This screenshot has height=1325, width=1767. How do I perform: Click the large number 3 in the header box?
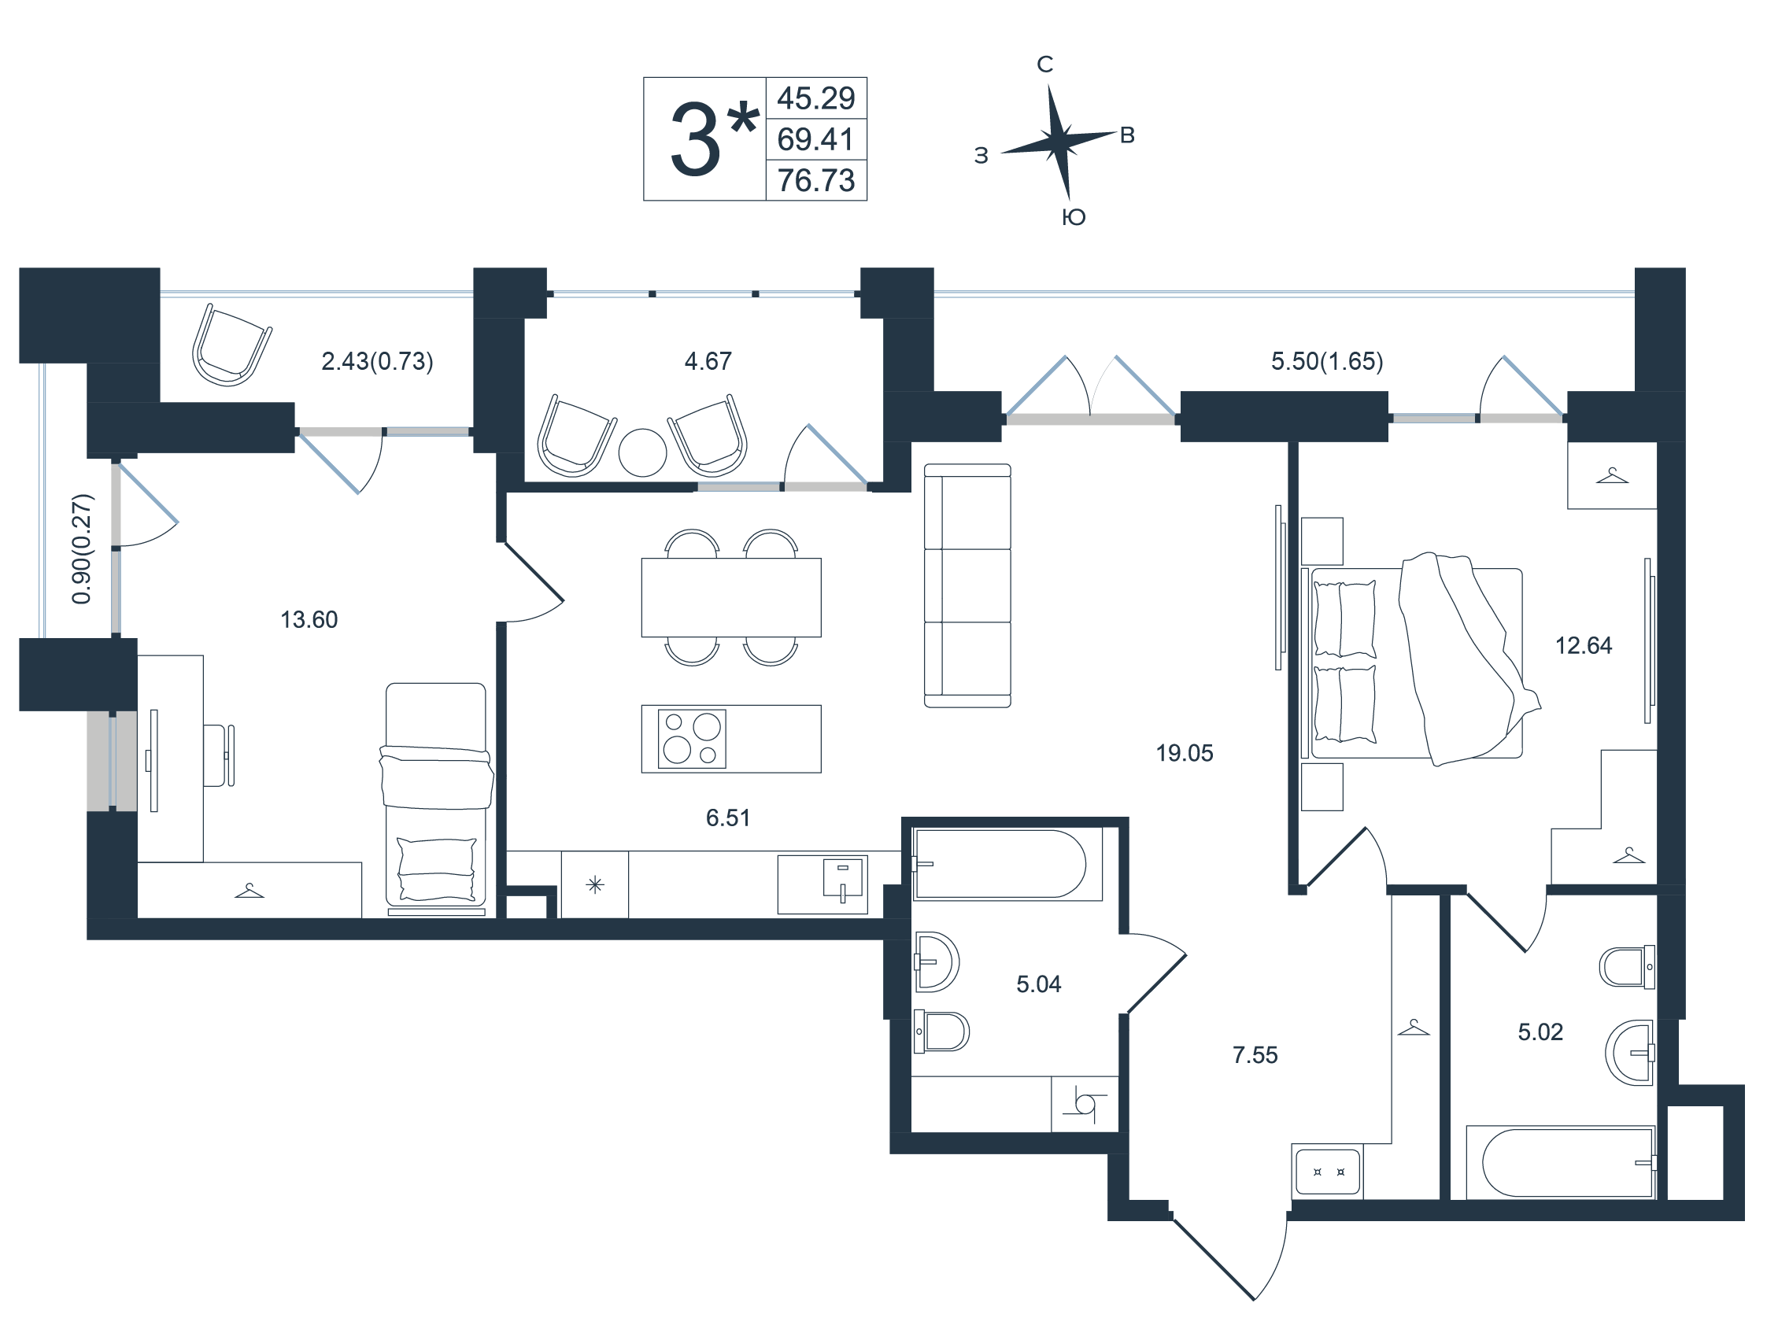pyautogui.click(x=695, y=140)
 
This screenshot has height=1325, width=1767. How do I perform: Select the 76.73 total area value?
pyautogui.click(x=815, y=180)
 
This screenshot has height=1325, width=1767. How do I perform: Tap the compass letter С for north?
pyautogui.click(x=1045, y=64)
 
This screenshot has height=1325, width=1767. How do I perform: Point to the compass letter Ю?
pyautogui.click(x=1074, y=217)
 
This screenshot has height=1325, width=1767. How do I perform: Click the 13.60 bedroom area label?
pyautogui.click(x=309, y=620)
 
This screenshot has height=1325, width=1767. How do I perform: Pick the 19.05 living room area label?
pyautogui.click(x=1185, y=753)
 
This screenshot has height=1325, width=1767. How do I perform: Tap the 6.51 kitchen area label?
pyautogui.click(x=728, y=818)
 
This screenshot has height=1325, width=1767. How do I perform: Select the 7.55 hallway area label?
pyautogui.click(x=1255, y=1055)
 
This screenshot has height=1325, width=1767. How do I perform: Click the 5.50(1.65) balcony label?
pyautogui.click(x=1327, y=361)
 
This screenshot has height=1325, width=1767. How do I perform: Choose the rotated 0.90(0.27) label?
pyautogui.click(x=83, y=548)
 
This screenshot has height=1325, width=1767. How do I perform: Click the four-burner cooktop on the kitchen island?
pyautogui.click(x=692, y=739)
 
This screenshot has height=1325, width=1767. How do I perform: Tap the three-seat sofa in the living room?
pyautogui.click(x=967, y=585)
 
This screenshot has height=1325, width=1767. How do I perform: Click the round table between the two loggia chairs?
pyautogui.click(x=642, y=453)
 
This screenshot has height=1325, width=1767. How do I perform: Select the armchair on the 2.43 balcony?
pyautogui.click(x=231, y=345)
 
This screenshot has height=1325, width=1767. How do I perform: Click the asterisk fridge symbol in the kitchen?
pyautogui.click(x=594, y=885)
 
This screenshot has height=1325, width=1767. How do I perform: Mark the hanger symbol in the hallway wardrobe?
pyautogui.click(x=1413, y=1028)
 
